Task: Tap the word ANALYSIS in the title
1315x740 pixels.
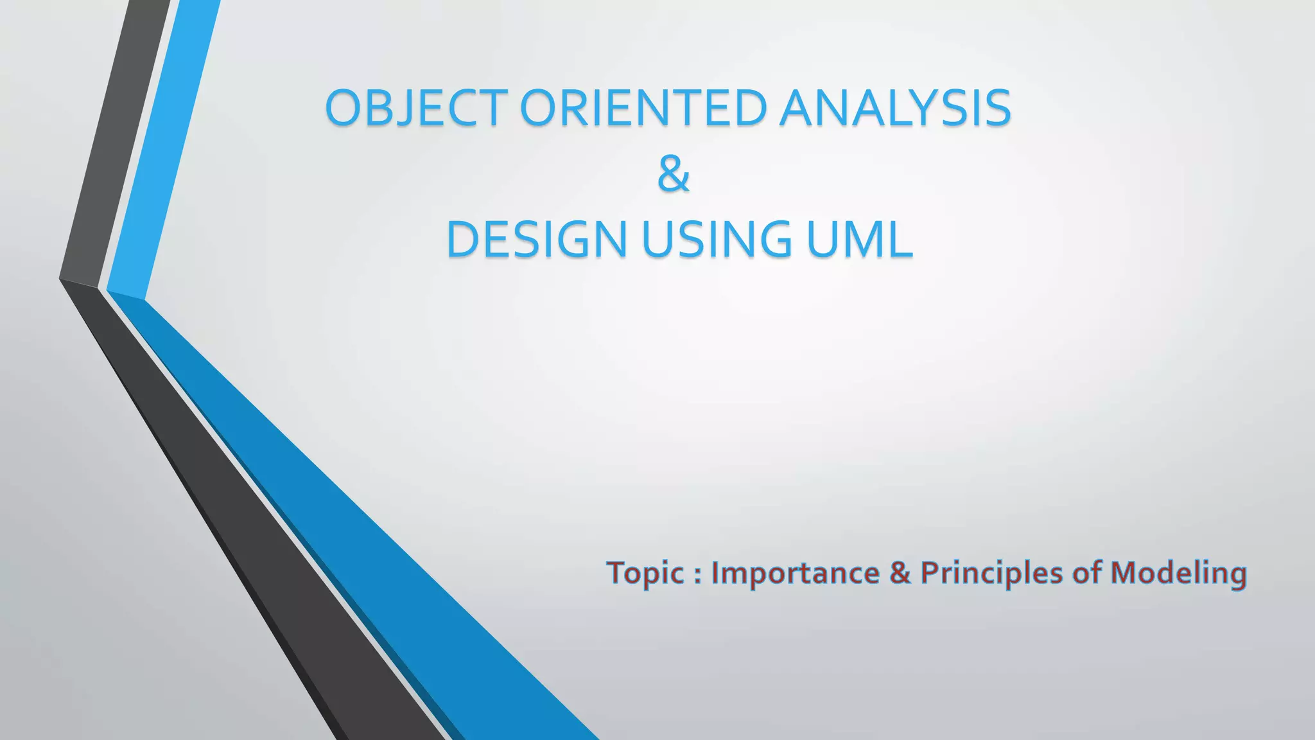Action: [x=896, y=107]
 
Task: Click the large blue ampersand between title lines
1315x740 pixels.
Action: [x=674, y=174]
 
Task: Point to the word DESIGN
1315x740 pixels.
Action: [x=537, y=239]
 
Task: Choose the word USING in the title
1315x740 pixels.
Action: [x=717, y=239]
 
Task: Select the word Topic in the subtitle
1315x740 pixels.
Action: [x=645, y=573]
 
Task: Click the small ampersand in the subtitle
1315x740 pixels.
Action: [x=900, y=573]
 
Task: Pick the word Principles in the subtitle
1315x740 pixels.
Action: [x=991, y=573]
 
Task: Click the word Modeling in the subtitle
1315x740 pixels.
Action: [x=1178, y=573]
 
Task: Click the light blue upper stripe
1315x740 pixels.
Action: [x=164, y=148]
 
